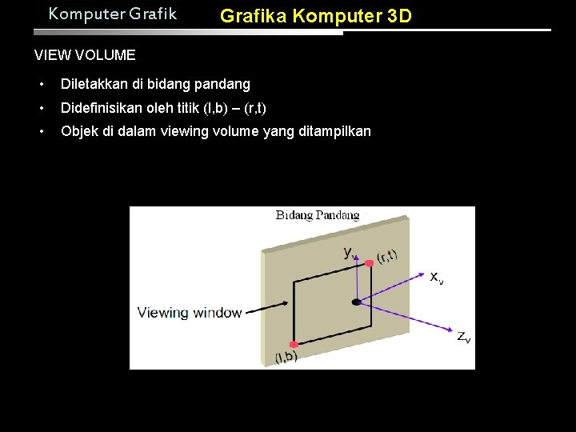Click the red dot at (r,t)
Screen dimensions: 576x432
tap(369, 262)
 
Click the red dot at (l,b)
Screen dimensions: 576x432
tap(294, 344)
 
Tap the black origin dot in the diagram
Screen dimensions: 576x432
tap(356, 302)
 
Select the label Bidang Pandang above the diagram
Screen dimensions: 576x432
tap(318, 214)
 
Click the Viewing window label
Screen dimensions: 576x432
tap(190, 312)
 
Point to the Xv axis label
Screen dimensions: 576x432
tap(436, 278)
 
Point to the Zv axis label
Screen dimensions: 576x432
tap(463, 337)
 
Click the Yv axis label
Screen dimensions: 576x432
tap(350, 252)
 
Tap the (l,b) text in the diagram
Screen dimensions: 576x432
tap(286, 357)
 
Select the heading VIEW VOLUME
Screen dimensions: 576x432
tap(85, 55)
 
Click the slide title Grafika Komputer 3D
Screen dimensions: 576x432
tap(316, 15)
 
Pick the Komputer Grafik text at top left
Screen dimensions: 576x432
tap(112, 14)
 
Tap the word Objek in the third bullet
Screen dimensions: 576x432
tap(79, 131)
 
